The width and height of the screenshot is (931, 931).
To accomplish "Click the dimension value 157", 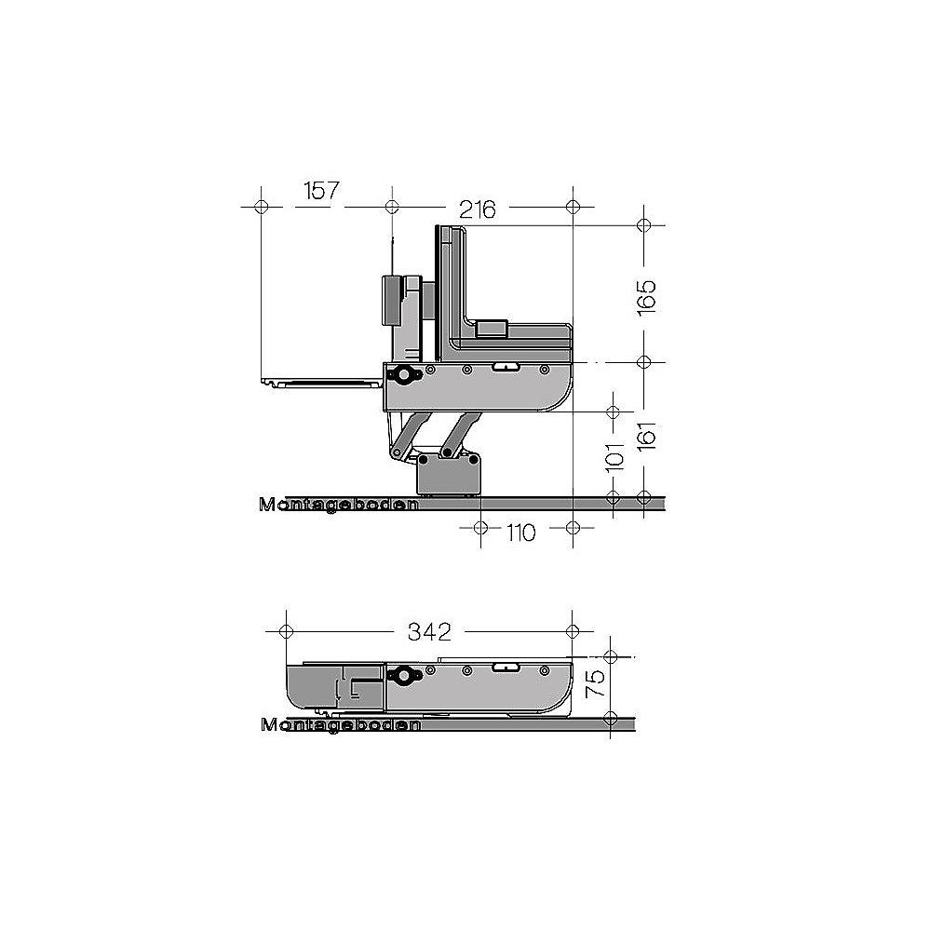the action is (x=321, y=191).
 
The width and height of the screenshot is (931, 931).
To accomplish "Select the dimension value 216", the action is (x=478, y=209).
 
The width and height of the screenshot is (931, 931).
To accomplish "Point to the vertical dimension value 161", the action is (x=648, y=436).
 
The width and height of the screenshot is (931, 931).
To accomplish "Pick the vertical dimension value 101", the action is (x=615, y=456).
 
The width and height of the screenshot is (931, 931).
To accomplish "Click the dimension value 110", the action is (x=520, y=533).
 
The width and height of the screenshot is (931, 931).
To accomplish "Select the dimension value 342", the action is (x=429, y=632).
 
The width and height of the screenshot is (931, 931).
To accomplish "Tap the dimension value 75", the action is (x=596, y=683).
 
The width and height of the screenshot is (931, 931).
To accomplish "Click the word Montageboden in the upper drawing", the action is (x=339, y=505).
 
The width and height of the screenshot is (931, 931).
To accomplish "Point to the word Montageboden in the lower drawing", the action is (x=341, y=725).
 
